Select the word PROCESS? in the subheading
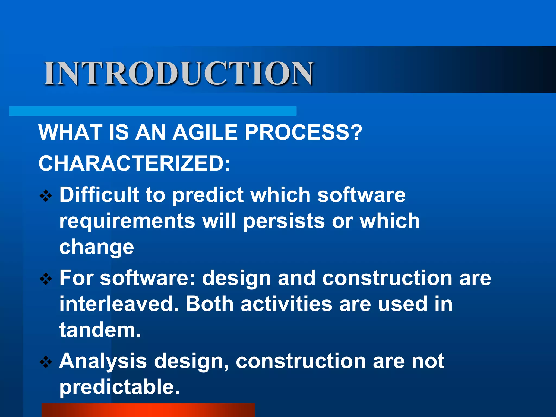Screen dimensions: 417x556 (x=304, y=132)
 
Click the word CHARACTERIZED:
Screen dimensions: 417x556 (x=134, y=164)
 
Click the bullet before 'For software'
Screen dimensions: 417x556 (x=46, y=279)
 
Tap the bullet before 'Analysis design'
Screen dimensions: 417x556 (x=46, y=362)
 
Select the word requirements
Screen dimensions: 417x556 (x=127, y=221)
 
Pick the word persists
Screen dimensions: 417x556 (x=284, y=221)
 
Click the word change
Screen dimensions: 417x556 (x=96, y=247)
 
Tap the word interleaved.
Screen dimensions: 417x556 (x=119, y=304)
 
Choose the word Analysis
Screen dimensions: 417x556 (x=103, y=362)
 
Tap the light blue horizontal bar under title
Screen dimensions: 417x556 (x=153, y=111)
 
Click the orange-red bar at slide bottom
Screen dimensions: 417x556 (x=148, y=410)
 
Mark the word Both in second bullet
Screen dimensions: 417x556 (x=209, y=304)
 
